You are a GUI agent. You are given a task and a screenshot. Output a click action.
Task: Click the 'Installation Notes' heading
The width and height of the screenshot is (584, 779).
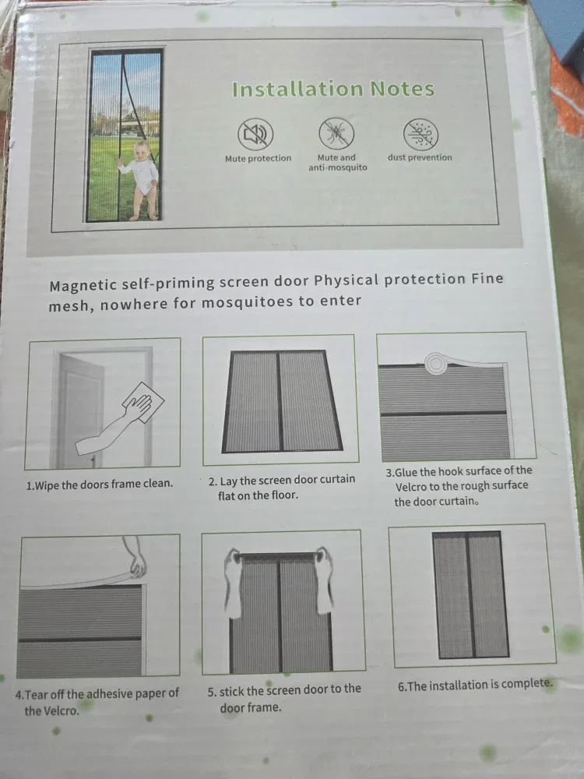pos(332,89)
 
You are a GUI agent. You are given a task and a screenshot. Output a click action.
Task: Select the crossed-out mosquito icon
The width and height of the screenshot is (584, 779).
pos(336,133)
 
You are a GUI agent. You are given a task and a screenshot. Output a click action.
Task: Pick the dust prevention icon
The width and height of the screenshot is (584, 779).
pos(420,134)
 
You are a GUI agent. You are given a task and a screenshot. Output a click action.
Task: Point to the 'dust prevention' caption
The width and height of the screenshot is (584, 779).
pos(420,157)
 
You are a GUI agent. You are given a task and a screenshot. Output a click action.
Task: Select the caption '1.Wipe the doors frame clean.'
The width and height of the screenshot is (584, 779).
pos(100,484)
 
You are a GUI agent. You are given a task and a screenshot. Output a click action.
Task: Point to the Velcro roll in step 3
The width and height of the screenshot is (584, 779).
pos(434,361)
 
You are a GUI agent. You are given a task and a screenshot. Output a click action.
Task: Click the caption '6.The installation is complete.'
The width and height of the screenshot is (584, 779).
pos(475,686)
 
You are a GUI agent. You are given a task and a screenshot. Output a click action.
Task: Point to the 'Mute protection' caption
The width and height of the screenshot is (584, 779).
pos(258,158)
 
